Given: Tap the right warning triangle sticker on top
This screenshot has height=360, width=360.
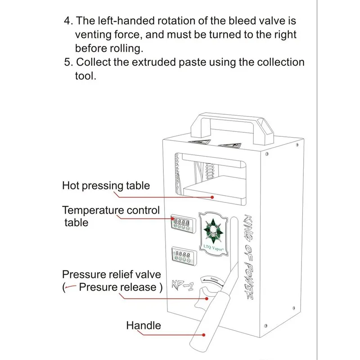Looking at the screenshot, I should point(229,145).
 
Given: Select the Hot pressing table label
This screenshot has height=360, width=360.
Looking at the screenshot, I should point(106,185).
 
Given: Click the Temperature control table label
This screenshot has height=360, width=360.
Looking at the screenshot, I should point(111,216).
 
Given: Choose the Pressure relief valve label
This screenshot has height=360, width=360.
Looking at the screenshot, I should point(111,274).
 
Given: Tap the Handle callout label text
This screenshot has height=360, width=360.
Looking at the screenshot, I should point(143,325).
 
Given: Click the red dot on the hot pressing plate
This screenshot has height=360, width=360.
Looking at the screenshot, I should point(212,197).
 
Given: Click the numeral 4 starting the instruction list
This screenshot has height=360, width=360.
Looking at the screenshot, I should point(67,21).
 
